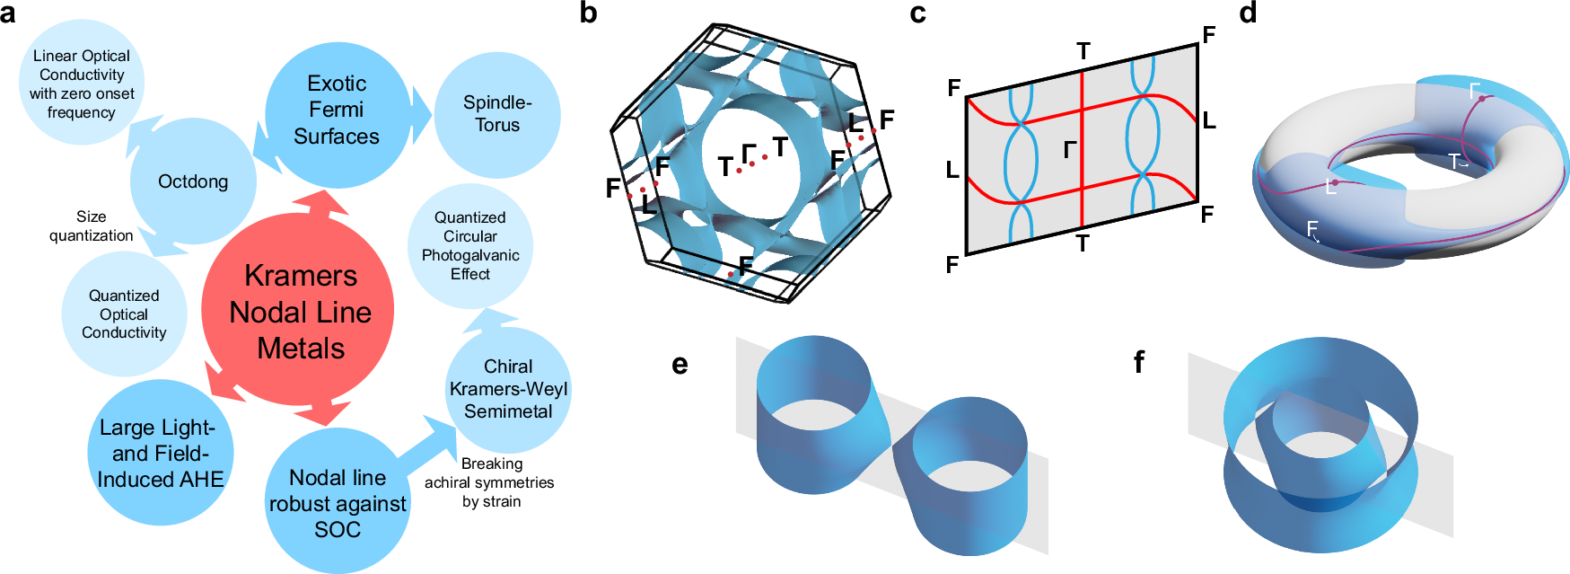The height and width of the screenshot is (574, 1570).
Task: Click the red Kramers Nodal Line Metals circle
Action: point(299,310)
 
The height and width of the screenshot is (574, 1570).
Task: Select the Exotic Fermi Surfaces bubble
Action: point(337,110)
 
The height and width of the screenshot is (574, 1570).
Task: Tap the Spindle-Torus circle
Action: point(497,114)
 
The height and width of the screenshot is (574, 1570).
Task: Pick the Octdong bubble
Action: point(193,181)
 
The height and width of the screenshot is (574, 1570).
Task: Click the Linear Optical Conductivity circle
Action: point(81,84)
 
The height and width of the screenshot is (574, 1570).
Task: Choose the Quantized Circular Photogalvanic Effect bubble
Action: point(469,246)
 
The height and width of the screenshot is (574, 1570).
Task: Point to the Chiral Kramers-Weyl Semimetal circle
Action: point(508,389)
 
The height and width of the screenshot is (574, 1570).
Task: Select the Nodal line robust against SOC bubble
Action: point(338,503)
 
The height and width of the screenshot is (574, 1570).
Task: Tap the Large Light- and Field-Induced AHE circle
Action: point(160,454)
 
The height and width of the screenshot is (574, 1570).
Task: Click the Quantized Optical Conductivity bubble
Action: point(124,313)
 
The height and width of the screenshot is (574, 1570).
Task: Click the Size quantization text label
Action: point(91,226)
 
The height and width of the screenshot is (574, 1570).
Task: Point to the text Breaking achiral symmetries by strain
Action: point(490,482)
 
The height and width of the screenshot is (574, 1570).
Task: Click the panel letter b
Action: point(589,13)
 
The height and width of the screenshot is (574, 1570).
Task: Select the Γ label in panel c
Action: point(1069,149)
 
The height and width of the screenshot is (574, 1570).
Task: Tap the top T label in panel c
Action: point(1083,52)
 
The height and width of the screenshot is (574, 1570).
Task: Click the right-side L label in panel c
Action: point(1208,120)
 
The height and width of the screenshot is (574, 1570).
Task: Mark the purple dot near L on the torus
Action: point(1335,181)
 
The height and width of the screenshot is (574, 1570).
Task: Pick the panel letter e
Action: point(680,364)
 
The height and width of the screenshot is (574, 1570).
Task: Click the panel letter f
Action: point(1139,362)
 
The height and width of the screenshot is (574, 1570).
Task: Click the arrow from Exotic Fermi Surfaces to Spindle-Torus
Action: point(422,114)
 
